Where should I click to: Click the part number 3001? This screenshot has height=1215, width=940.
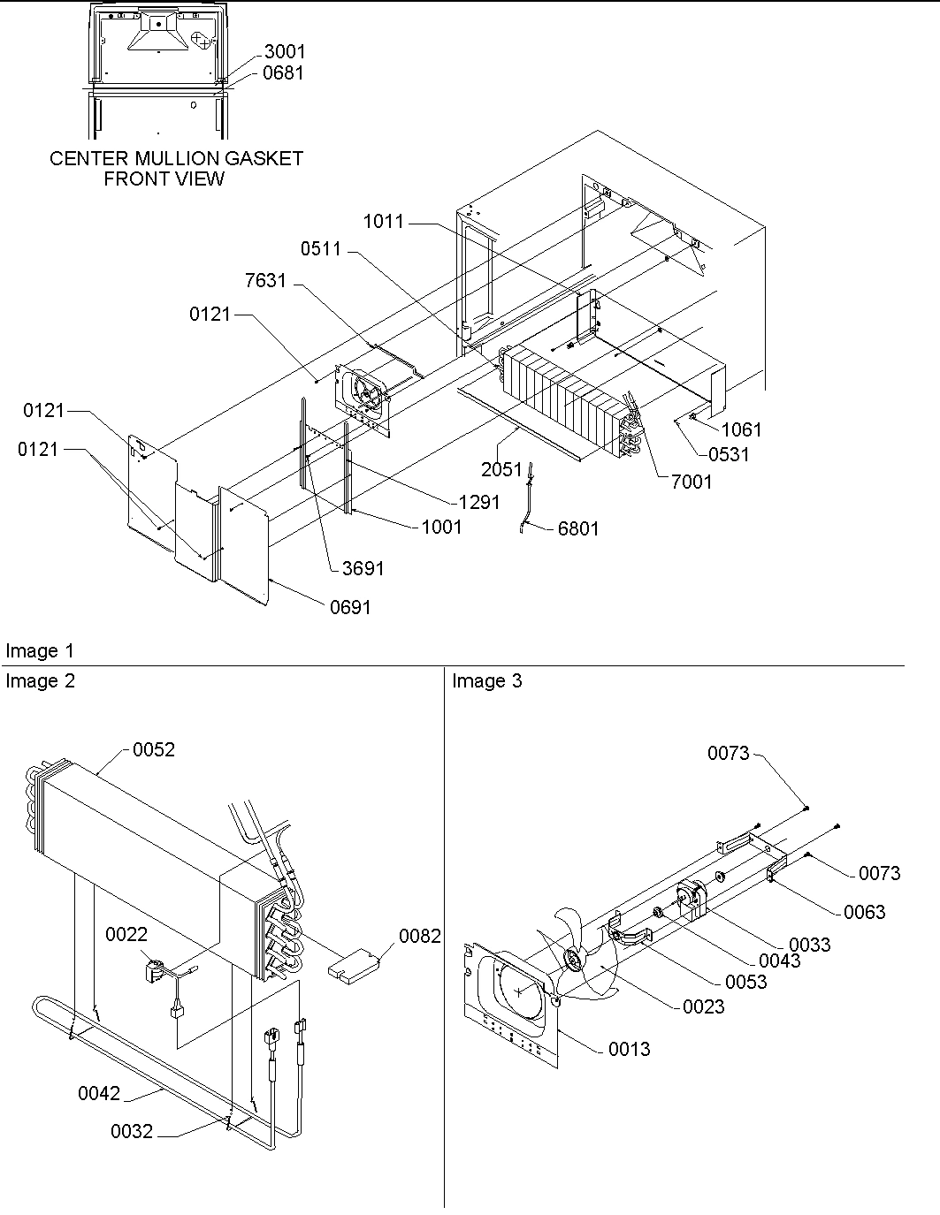pyautogui.click(x=284, y=52)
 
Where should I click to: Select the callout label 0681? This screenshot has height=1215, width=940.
pyautogui.click(x=283, y=73)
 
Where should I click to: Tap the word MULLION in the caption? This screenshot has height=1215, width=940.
pyautogui.click(x=157, y=159)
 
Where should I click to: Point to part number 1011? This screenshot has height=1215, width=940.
pyautogui.click(x=383, y=222)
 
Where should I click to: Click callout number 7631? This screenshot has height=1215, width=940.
pyautogui.click(x=265, y=281)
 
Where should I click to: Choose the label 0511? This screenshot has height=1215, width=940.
pyautogui.click(x=320, y=249)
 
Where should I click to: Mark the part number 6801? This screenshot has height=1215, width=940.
pyautogui.click(x=578, y=529)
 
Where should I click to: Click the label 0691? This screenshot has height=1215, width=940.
pyautogui.click(x=351, y=608)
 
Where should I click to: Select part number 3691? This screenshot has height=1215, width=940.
pyautogui.click(x=363, y=568)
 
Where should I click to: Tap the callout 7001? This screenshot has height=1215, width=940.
pyautogui.click(x=691, y=482)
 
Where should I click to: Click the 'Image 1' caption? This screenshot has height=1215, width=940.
pyautogui.click(x=41, y=651)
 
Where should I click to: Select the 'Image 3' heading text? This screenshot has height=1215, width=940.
pyautogui.click(x=487, y=681)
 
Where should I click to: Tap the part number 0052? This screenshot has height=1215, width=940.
pyautogui.click(x=154, y=750)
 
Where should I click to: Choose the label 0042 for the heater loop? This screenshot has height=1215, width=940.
pyautogui.click(x=99, y=1094)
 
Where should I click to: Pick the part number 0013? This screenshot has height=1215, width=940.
pyautogui.click(x=629, y=1049)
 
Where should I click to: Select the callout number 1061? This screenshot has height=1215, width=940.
pyautogui.click(x=741, y=430)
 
